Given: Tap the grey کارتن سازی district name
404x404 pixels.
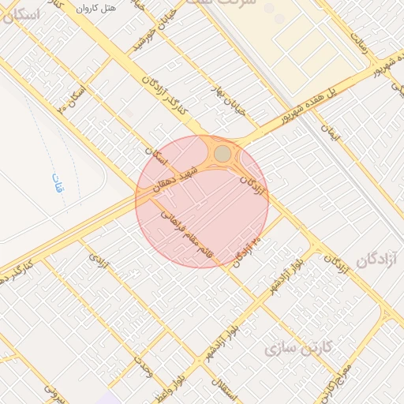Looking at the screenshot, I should coord(299,346).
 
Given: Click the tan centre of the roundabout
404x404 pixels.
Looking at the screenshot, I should coord(223,153).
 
